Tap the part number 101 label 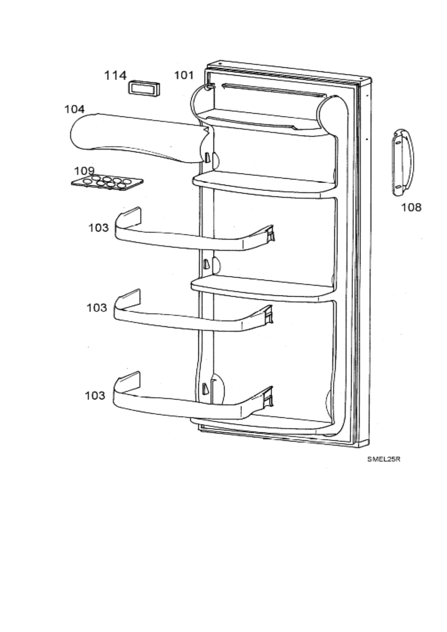[x=184, y=75]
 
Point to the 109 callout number [x=84, y=171]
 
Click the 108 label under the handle [x=411, y=207]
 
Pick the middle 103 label [x=97, y=308]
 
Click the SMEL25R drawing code [x=383, y=459]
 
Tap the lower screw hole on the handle [x=398, y=186]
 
